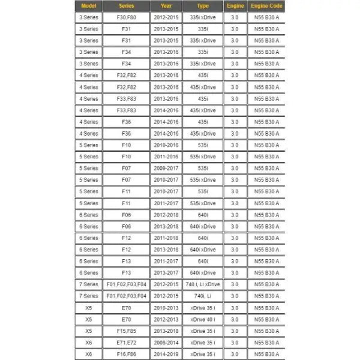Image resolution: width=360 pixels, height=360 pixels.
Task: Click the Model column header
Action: pos(88,6)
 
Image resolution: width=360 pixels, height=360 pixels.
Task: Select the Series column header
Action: pos(126,6)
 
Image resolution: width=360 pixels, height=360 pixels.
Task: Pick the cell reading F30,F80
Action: pos(126,17)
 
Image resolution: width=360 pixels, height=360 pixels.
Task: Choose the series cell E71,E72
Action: pos(126,342)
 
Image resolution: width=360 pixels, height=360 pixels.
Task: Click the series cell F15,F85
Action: pos(126,330)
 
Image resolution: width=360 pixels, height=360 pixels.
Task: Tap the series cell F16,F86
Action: pos(126,353)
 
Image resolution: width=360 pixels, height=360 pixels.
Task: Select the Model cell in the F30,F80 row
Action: pos(88,17)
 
